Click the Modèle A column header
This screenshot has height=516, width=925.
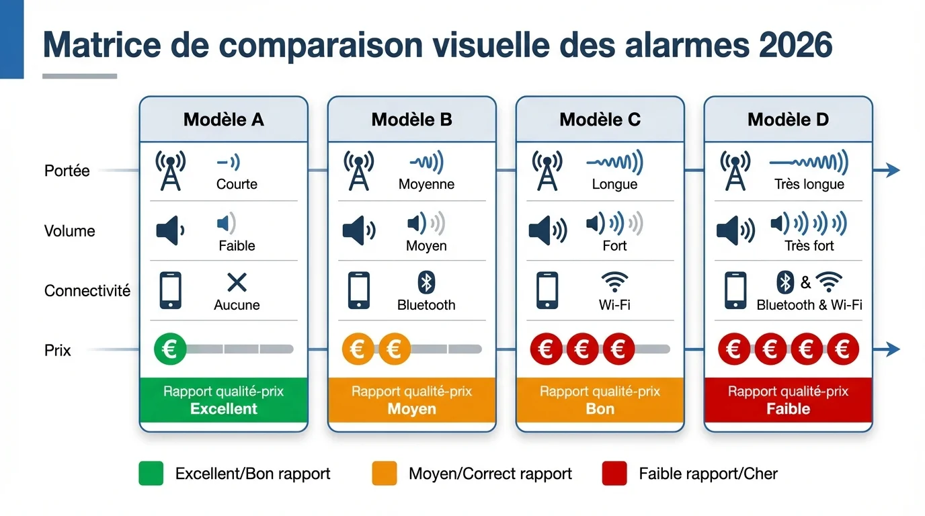(x=223, y=120)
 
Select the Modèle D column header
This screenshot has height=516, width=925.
(x=788, y=120)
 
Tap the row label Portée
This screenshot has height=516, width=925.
(x=67, y=171)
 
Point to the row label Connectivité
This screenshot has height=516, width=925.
(x=87, y=291)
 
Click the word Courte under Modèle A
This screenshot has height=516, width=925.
(x=237, y=184)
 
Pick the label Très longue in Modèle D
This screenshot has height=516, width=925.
(x=809, y=184)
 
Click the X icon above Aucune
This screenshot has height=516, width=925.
(x=237, y=283)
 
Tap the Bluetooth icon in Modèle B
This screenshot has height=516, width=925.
(x=426, y=283)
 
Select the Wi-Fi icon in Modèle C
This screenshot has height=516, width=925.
(x=614, y=282)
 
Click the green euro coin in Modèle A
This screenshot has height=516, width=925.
(x=170, y=349)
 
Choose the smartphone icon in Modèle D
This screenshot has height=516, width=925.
(x=735, y=290)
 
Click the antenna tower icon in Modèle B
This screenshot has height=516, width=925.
(x=358, y=171)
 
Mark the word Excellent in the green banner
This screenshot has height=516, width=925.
(x=224, y=409)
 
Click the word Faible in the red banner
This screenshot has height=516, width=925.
(x=788, y=409)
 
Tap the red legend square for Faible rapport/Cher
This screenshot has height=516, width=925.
(x=614, y=474)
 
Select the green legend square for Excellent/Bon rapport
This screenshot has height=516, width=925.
(x=151, y=474)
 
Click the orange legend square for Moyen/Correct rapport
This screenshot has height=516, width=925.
(x=385, y=474)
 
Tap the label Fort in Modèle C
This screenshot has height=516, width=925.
(x=614, y=246)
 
